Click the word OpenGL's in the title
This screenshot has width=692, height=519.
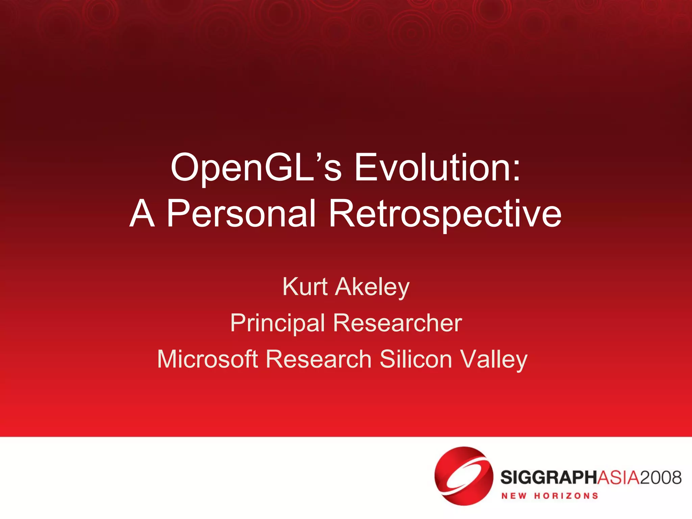(x=256, y=168)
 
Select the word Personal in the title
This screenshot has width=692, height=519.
(x=241, y=214)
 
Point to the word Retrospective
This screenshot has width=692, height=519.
(x=445, y=214)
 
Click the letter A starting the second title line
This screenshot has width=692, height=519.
(x=142, y=214)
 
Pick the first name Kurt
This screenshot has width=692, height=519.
(x=305, y=287)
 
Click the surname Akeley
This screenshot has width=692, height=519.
(x=372, y=287)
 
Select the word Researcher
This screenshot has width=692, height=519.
(x=397, y=323)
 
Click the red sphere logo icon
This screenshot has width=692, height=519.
(x=463, y=476)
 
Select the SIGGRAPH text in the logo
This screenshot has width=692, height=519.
(x=549, y=477)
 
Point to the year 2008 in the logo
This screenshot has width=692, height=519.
(x=661, y=477)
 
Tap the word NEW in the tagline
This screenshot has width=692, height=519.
(x=514, y=496)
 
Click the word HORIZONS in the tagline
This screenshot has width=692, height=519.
(x=566, y=496)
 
